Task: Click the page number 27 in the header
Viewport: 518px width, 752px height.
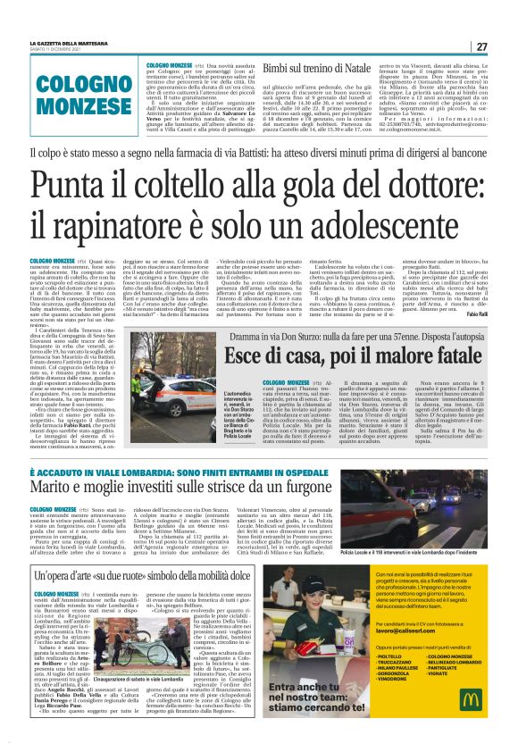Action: pyautogui.click(x=481, y=46)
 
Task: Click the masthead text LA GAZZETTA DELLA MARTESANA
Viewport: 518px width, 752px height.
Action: pyautogui.click(x=70, y=45)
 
